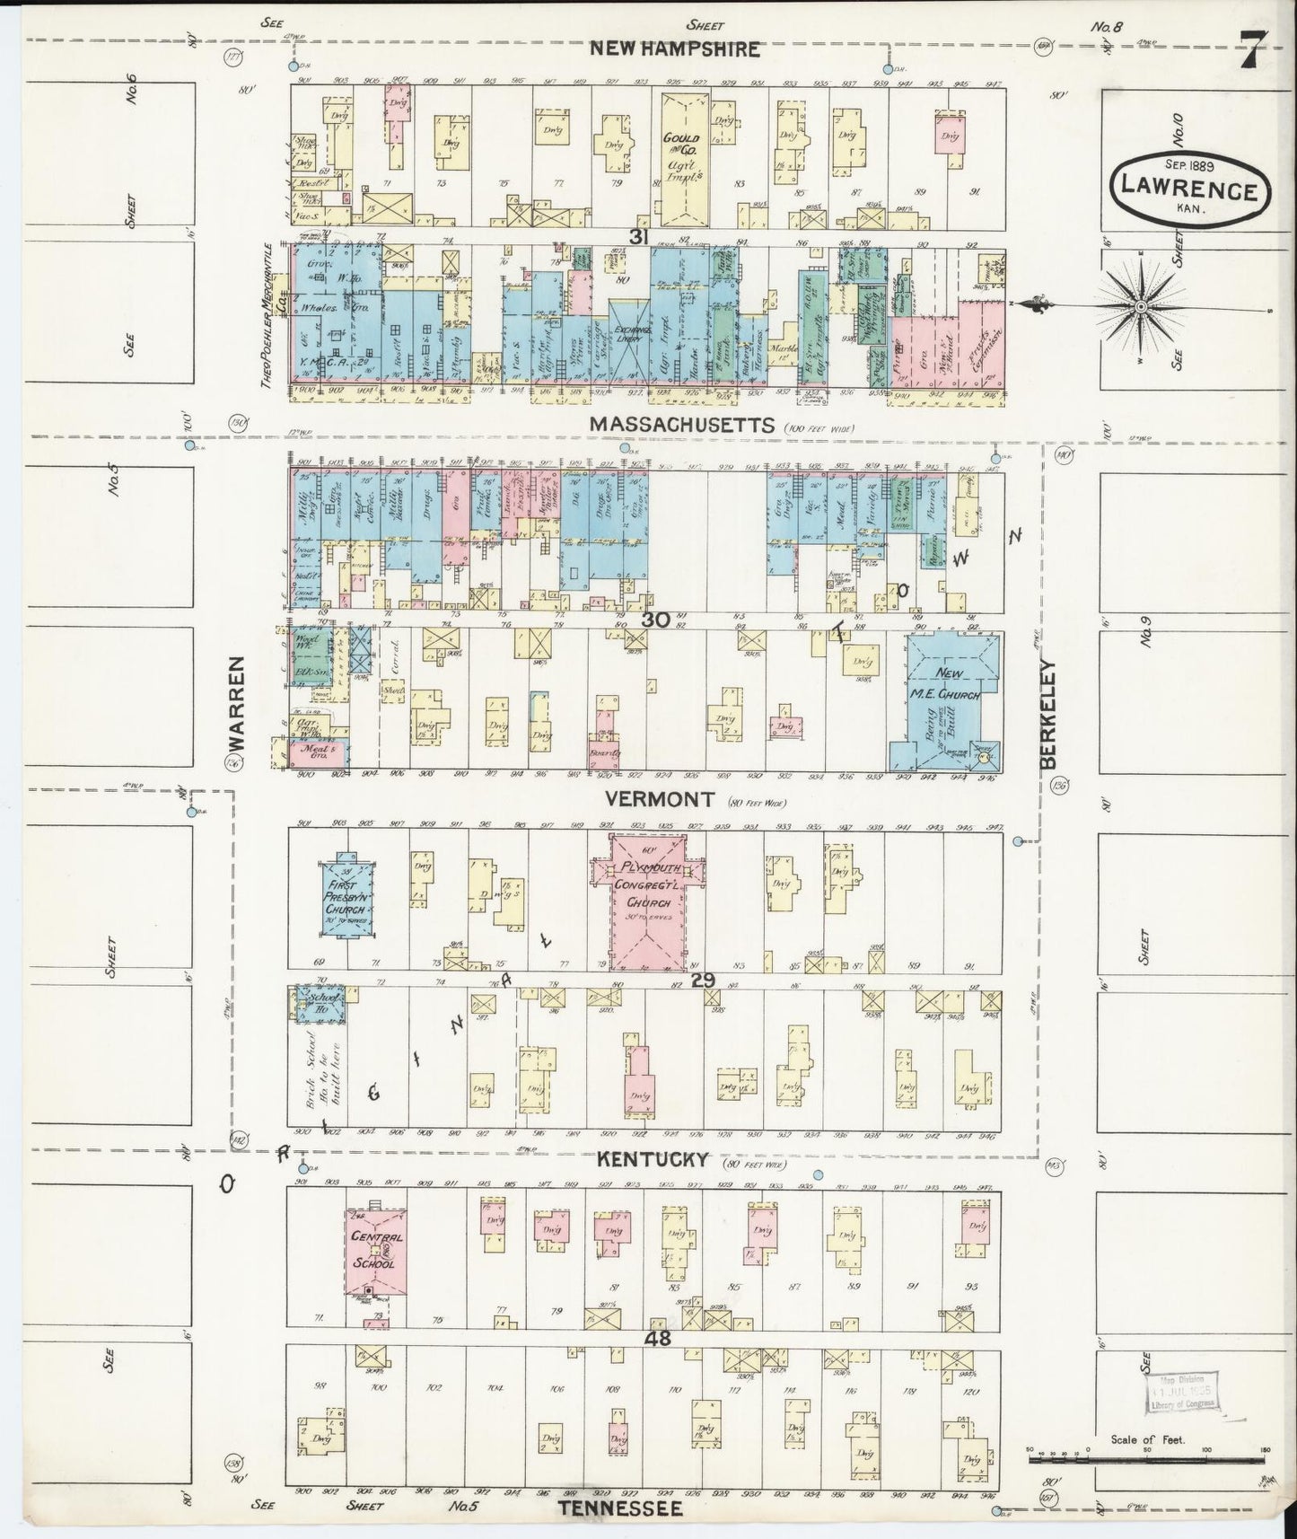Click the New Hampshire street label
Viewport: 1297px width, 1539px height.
pyautogui.click(x=674, y=48)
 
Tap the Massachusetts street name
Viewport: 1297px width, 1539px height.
pyautogui.click(x=681, y=424)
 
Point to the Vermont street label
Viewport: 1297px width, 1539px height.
pyautogui.click(x=659, y=798)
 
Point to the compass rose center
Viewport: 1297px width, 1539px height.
pyautogui.click(x=1140, y=307)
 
